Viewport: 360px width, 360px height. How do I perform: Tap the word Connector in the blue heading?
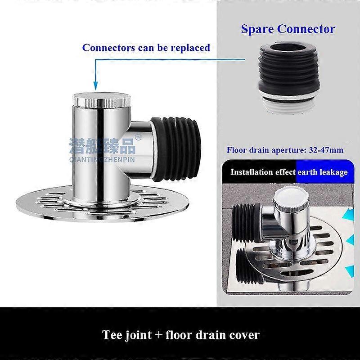(x=306, y=29)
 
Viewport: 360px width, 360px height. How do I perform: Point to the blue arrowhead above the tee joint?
(x=96, y=86)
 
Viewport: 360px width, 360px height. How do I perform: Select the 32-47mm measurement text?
(x=326, y=150)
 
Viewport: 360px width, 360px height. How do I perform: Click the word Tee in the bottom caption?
(x=112, y=335)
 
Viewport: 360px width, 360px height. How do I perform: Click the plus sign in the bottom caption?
(x=159, y=335)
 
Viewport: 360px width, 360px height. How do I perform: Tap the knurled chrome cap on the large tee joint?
(x=102, y=100)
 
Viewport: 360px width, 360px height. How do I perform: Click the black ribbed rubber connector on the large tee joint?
(x=175, y=149)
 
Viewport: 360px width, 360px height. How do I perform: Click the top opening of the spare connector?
(x=288, y=48)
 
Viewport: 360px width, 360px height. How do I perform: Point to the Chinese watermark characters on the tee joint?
(x=103, y=146)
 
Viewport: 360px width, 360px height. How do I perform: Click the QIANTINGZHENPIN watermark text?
(x=102, y=160)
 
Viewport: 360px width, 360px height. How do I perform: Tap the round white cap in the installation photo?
(x=291, y=197)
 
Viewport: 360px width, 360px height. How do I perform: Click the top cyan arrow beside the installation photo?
(x=348, y=215)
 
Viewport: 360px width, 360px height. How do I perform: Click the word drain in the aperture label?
(x=259, y=150)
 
